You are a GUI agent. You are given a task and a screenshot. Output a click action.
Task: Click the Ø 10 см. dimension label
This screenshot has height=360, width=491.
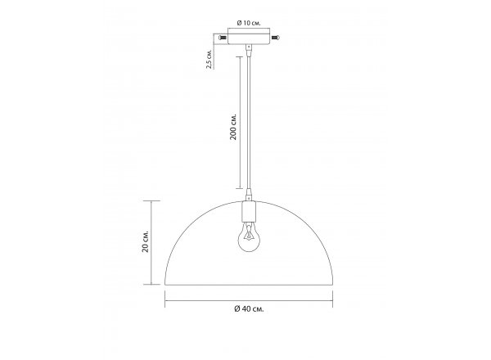click(249, 23)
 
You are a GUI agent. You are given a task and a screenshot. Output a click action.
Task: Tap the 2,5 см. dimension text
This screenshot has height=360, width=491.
click(209, 59)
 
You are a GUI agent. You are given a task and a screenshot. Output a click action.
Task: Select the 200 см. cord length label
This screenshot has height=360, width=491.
click(233, 127)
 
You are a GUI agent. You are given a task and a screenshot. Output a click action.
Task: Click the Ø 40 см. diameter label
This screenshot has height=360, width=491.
click(249, 309)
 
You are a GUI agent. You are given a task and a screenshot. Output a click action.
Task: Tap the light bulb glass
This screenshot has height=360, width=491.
click(249, 239)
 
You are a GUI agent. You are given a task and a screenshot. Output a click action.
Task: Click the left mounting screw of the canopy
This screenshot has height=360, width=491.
click(223, 38)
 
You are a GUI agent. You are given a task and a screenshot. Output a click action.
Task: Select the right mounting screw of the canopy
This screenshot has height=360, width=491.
click(276, 38)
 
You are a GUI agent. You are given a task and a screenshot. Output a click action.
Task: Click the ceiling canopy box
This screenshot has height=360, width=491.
click(249, 36)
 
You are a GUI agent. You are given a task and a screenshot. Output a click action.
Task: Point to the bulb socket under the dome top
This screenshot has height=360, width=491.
click(249, 211)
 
